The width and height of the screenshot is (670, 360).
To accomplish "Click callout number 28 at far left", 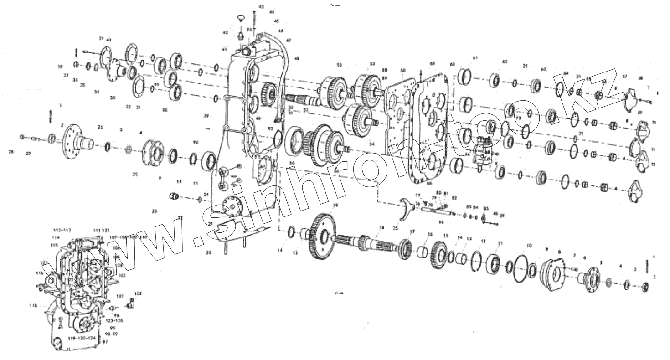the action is (11, 152).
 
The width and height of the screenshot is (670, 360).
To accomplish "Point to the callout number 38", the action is (60, 67).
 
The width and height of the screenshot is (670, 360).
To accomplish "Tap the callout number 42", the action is (225, 33).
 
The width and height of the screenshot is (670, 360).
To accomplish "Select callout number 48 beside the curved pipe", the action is (297, 59).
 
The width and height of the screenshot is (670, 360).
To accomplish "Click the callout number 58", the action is (403, 70).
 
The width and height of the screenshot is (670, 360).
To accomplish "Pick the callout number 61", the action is (475, 58).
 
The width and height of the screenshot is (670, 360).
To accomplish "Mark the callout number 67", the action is (625, 77).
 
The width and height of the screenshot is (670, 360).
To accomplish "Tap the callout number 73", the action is (518, 118).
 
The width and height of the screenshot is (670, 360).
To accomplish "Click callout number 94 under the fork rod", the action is (441, 222).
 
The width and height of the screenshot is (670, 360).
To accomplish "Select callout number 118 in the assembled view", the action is (33, 305).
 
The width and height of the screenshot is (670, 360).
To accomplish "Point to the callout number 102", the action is (138, 293).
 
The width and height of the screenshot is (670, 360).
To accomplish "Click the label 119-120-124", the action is (82, 338).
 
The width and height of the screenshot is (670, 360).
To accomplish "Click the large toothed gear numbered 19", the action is (323, 237).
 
